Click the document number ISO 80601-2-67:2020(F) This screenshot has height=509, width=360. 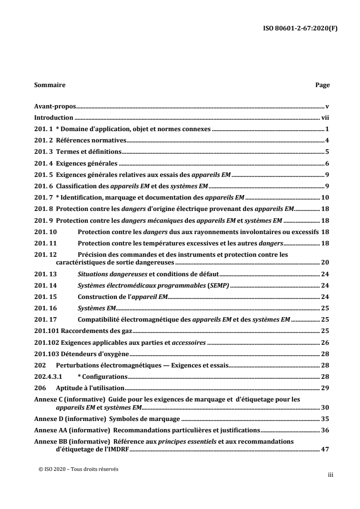[300, 27]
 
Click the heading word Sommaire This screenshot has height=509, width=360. [49, 85]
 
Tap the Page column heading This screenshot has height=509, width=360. [322, 85]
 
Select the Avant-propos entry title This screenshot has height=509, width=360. [55, 107]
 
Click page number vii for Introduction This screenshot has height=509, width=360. [325, 118]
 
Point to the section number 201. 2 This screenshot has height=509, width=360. [44, 140]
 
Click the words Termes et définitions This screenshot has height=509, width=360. [86, 152]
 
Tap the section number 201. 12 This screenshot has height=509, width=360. [45, 254]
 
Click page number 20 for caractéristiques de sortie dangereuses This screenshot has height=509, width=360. [325, 262]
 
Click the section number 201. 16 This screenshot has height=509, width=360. [45, 308]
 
